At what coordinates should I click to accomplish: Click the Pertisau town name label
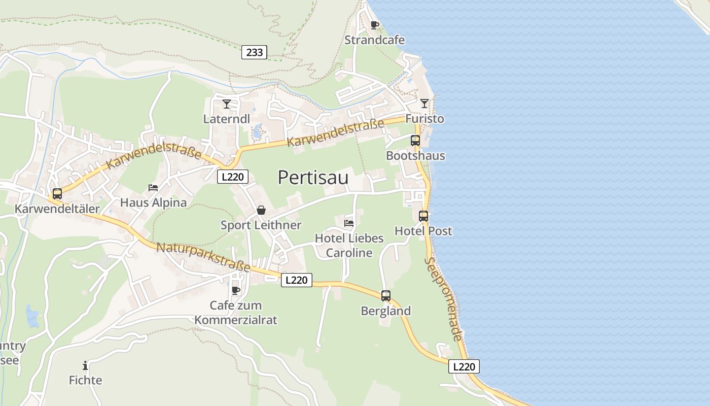click(x=313, y=178)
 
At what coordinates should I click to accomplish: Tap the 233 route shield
click(x=254, y=52)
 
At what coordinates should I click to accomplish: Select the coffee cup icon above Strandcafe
click(x=375, y=25)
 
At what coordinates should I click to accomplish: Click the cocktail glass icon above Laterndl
click(x=227, y=104)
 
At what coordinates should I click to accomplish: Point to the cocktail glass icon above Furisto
click(x=424, y=104)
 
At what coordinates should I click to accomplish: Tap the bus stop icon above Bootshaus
click(x=415, y=141)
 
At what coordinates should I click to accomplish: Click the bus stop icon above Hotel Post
click(x=423, y=216)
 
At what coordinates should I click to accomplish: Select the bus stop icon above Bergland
click(x=386, y=296)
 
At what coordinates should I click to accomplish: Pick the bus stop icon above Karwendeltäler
click(x=57, y=194)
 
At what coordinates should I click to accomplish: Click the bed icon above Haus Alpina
click(x=153, y=188)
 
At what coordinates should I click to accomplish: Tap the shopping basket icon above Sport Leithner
click(x=261, y=210)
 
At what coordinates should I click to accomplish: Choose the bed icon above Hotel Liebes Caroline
click(x=349, y=223)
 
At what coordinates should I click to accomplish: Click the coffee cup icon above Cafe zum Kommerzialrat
click(x=236, y=290)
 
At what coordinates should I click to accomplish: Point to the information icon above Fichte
click(x=85, y=365)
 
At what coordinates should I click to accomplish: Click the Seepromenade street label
click(x=444, y=299)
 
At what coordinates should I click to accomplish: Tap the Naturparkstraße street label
click(x=203, y=257)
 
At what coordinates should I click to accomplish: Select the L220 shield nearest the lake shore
click(x=464, y=366)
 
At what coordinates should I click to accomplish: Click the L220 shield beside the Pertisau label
click(x=233, y=177)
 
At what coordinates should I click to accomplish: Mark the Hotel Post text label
click(x=423, y=231)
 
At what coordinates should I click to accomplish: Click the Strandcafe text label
click(x=375, y=40)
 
